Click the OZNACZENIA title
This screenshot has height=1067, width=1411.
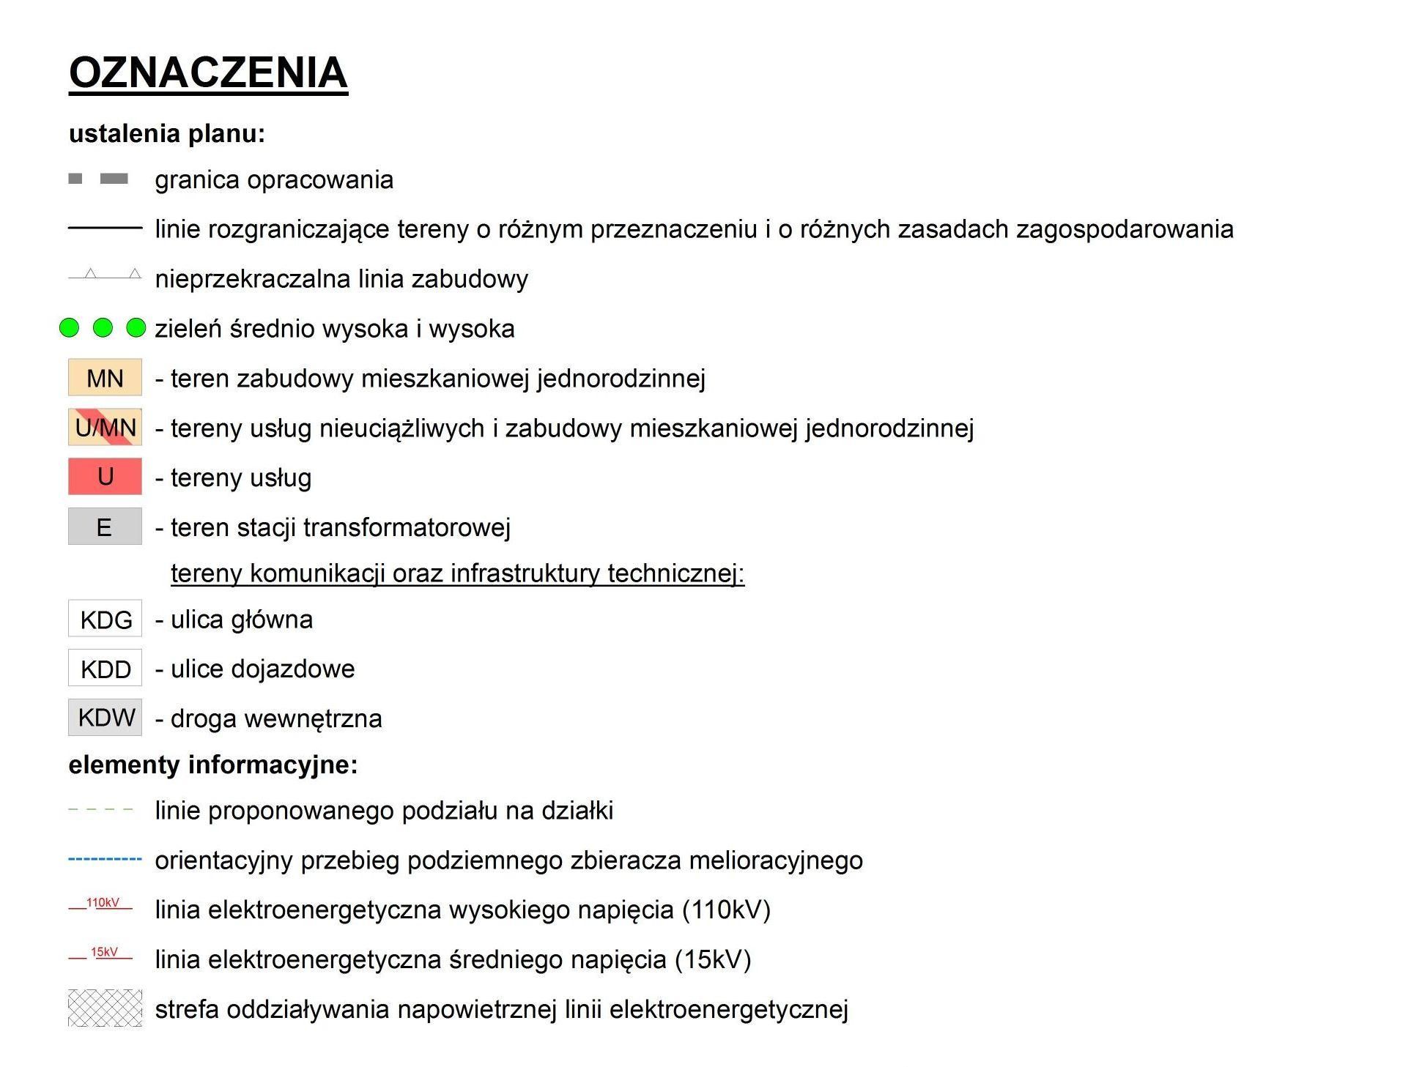208,73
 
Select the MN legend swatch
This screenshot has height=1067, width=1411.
105,378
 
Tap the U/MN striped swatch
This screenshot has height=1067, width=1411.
105,428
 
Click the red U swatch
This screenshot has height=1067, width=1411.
105,477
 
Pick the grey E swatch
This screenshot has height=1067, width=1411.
105,527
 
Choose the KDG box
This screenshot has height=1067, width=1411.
105,619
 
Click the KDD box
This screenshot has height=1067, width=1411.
105,669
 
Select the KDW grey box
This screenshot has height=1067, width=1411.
105,718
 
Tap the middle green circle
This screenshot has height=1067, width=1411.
103,328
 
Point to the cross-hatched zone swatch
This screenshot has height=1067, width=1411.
105,1008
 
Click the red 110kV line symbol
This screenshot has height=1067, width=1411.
101,906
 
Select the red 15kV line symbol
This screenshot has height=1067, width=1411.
101,955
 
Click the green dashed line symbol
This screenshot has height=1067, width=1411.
101,810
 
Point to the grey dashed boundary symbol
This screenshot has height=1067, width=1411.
98,179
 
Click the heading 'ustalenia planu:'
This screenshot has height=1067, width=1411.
166,133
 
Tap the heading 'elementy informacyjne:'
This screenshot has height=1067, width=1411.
213,765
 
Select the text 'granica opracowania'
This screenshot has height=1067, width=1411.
274,179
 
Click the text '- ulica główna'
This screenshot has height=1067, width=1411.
234,620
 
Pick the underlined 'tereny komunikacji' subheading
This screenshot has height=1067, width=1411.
457,573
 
